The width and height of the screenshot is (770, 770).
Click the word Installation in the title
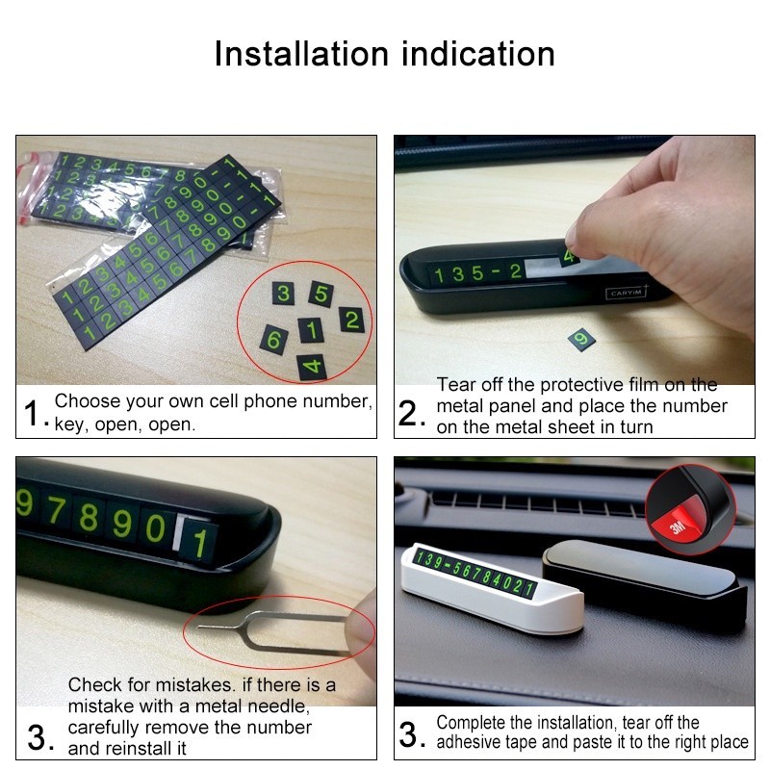[301, 54]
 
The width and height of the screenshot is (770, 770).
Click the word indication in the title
[478, 54]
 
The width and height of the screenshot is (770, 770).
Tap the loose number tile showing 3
[283, 294]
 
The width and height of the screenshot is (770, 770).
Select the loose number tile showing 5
[321, 294]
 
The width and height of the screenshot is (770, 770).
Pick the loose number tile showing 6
[274, 340]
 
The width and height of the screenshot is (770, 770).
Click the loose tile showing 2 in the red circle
[352, 321]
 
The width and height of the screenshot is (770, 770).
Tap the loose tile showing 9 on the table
[581, 340]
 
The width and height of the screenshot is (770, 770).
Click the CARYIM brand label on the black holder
[627, 293]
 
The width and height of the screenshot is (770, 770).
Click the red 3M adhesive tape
[680, 522]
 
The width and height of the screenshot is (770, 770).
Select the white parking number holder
[493, 588]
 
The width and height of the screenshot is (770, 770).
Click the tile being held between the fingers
[570, 256]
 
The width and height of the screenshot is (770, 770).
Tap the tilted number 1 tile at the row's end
[198, 543]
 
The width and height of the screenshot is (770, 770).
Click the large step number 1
[32, 413]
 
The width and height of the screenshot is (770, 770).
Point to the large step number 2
[408, 413]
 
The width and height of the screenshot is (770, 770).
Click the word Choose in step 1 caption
[88, 401]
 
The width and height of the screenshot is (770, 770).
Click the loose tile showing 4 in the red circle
[312, 367]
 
